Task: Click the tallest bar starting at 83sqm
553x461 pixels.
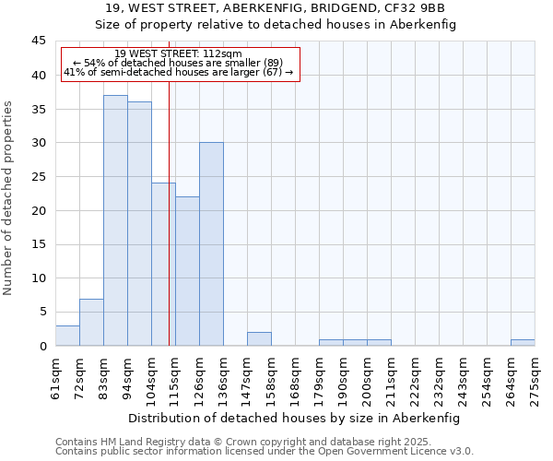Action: coord(115,220)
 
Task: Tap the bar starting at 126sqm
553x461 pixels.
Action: coord(211,244)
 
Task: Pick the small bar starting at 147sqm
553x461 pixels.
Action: coord(259,338)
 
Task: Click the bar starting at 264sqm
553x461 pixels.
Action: coord(523,342)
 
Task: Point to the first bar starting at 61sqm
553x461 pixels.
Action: coord(67,336)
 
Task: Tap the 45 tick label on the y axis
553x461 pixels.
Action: coord(39,41)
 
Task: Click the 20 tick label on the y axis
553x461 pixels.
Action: coord(39,210)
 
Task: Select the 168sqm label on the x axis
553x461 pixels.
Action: coord(295,381)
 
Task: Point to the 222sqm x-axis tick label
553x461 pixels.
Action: coord(415,381)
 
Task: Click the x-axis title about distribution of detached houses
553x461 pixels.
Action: coord(294,418)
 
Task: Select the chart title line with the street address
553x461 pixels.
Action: coord(276,8)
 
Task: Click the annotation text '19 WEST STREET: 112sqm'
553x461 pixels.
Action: coord(179,54)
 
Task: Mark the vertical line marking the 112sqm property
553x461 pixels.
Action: coord(170,230)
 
